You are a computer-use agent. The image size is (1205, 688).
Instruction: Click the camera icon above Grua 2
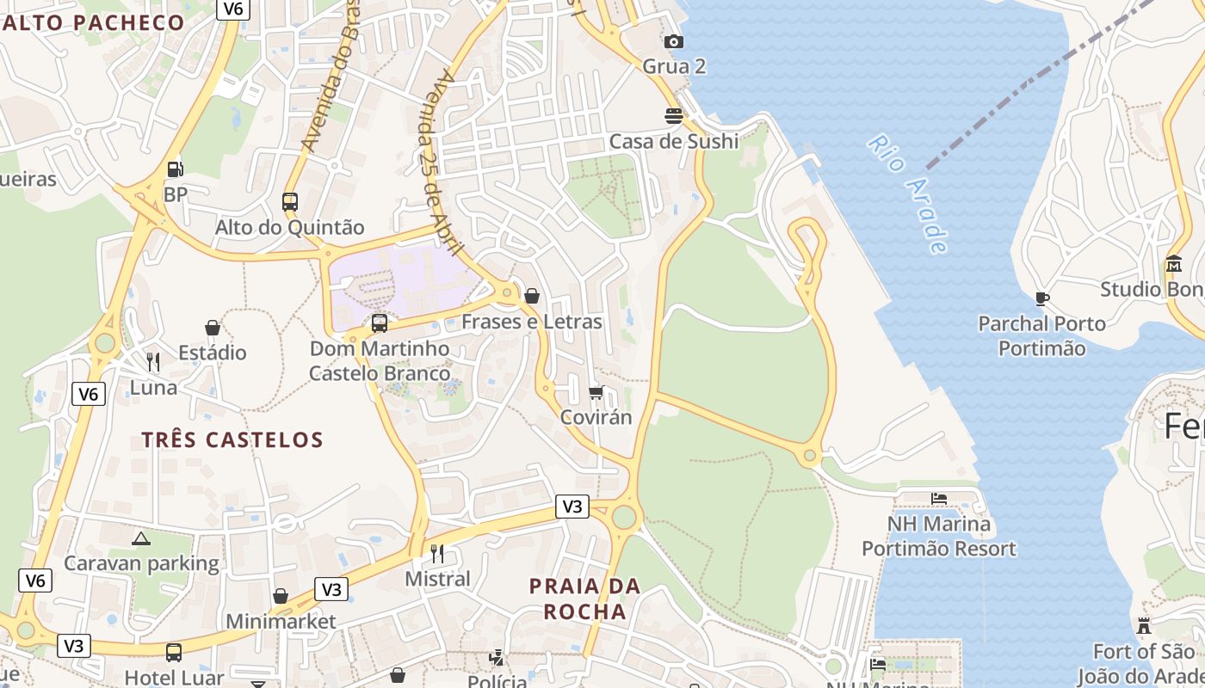674,41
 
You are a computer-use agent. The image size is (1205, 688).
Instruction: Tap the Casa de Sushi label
673,141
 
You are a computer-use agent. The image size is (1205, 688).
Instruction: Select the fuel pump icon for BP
175,169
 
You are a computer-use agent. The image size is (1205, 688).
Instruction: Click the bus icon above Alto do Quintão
290,202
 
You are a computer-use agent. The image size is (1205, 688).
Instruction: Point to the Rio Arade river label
908,193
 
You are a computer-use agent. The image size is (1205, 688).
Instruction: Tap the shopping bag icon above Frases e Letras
532,296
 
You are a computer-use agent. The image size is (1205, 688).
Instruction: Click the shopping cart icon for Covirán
596,392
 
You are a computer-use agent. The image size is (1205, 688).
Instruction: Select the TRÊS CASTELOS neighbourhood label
232,440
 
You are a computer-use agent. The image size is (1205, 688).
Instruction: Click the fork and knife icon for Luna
153,362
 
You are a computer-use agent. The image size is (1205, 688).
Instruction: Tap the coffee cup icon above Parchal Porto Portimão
1041,298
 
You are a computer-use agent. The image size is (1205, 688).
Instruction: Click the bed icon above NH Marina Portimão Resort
939,498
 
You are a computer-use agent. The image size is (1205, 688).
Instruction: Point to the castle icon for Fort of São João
1144,626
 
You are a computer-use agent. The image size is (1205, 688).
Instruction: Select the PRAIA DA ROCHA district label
584,599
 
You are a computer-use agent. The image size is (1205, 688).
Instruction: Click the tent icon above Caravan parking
141,538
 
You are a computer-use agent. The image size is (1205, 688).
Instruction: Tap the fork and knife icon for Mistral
437,553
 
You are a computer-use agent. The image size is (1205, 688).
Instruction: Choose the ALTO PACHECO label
93,23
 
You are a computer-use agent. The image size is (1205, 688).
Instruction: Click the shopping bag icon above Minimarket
281,596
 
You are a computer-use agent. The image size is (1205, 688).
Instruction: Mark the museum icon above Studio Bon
1174,263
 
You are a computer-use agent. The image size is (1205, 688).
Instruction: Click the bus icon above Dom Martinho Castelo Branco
379,323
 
